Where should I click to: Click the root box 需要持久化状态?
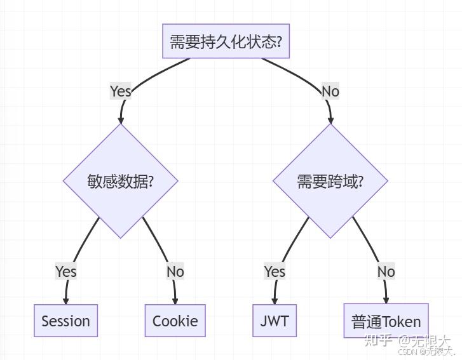[226, 42]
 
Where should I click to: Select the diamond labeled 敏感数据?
[121, 181]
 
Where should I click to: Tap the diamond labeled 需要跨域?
[330, 181]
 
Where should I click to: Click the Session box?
[65, 321]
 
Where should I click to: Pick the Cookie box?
[175, 321]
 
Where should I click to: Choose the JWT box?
[275, 321]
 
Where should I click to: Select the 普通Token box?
[386, 321]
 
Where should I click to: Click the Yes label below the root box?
[121, 91]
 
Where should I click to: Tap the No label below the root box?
[330, 91]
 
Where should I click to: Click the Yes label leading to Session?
[65, 272]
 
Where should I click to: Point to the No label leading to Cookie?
[175, 272]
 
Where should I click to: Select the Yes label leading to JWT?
[275, 272]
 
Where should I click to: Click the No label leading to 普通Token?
[386, 272]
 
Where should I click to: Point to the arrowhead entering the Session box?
[65, 301]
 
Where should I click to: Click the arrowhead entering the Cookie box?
[175, 301]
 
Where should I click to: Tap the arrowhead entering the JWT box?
[275, 301]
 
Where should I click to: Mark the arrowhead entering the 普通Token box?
[386, 301]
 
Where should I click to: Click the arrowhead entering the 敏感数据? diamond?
[121, 119]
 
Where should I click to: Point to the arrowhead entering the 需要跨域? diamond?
[330, 119]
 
